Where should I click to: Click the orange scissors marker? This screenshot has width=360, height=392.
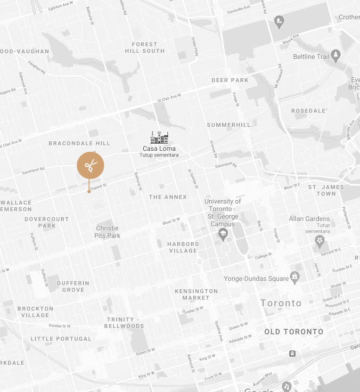pyautogui.click(x=90, y=165)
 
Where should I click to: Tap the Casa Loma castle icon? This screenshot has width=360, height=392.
pyautogui.click(x=159, y=138)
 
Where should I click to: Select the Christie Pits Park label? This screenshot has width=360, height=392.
pyautogui.click(x=107, y=232)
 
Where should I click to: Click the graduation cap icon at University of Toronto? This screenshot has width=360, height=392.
pyautogui.click(x=222, y=233)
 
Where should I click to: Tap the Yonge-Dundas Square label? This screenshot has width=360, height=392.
pyautogui.click(x=256, y=278)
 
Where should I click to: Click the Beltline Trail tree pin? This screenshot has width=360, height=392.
pyautogui.click(x=335, y=55)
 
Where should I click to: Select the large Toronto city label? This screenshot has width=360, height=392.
pyautogui.click(x=281, y=303)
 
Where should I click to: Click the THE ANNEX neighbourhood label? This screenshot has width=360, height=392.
pyautogui.click(x=168, y=197)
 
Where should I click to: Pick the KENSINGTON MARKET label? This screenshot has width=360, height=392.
pyautogui.click(x=196, y=294)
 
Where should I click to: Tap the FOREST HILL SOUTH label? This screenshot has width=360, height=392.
pyautogui.click(x=145, y=48)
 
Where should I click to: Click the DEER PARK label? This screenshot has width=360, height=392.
pyautogui.click(x=230, y=80)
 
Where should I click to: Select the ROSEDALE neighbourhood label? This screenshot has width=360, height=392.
pyautogui.click(x=308, y=111)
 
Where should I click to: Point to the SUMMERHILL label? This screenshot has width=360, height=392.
pyautogui.click(x=229, y=125)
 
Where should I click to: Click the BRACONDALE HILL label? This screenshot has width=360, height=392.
pyautogui.click(x=79, y=143)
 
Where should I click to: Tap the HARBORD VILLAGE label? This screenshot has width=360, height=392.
pyautogui.click(x=183, y=247)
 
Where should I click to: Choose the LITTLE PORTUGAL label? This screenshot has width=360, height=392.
pyautogui.click(x=61, y=339)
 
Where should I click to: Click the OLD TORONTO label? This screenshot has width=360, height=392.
pyautogui.click(x=294, y=332)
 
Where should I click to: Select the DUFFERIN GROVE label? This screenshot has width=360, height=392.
pyautogui.click(x=73, y=286)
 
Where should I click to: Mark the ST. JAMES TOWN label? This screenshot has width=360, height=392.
pyautogui.click(x=326, y=190)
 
